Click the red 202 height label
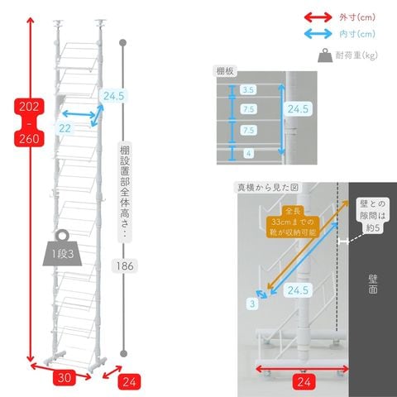pyautogui.click(x=29, y=107)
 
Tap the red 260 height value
pyautogui.click(x=29, y=139)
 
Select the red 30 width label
pyautogui.click(x=64, y=377)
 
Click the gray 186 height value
pyautogui.click(x=125, y=266)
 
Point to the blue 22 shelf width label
pyautogui.click(x=65, y=128)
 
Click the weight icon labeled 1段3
pyautogui.click(x=62, y=248)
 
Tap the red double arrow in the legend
pyautogui.click(x=318, y=17)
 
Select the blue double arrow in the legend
pyautogui.click(x=318, y=34)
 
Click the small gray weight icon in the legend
pyautogui.click(x=325, y=55)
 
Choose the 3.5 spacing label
pyautogui.click(x=248, y=90)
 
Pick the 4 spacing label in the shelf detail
pyautogui.click(x=248, y=153)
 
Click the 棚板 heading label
pyautogui.click(x=225, y=71)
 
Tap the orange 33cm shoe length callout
pyautogui.click(x=293, y=222)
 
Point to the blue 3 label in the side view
pyautogui.click(x=252, y=304)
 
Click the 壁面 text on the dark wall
pyautogui.click(x=373, y=284)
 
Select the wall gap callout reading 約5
pyautogui.click(x=372, y=216)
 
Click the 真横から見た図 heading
pyautogui.click(x=268, y=188)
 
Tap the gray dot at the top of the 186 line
pyautogui.click(x=123, y=43)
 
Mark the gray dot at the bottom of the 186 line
pyautogui.click(x=124, y=353)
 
